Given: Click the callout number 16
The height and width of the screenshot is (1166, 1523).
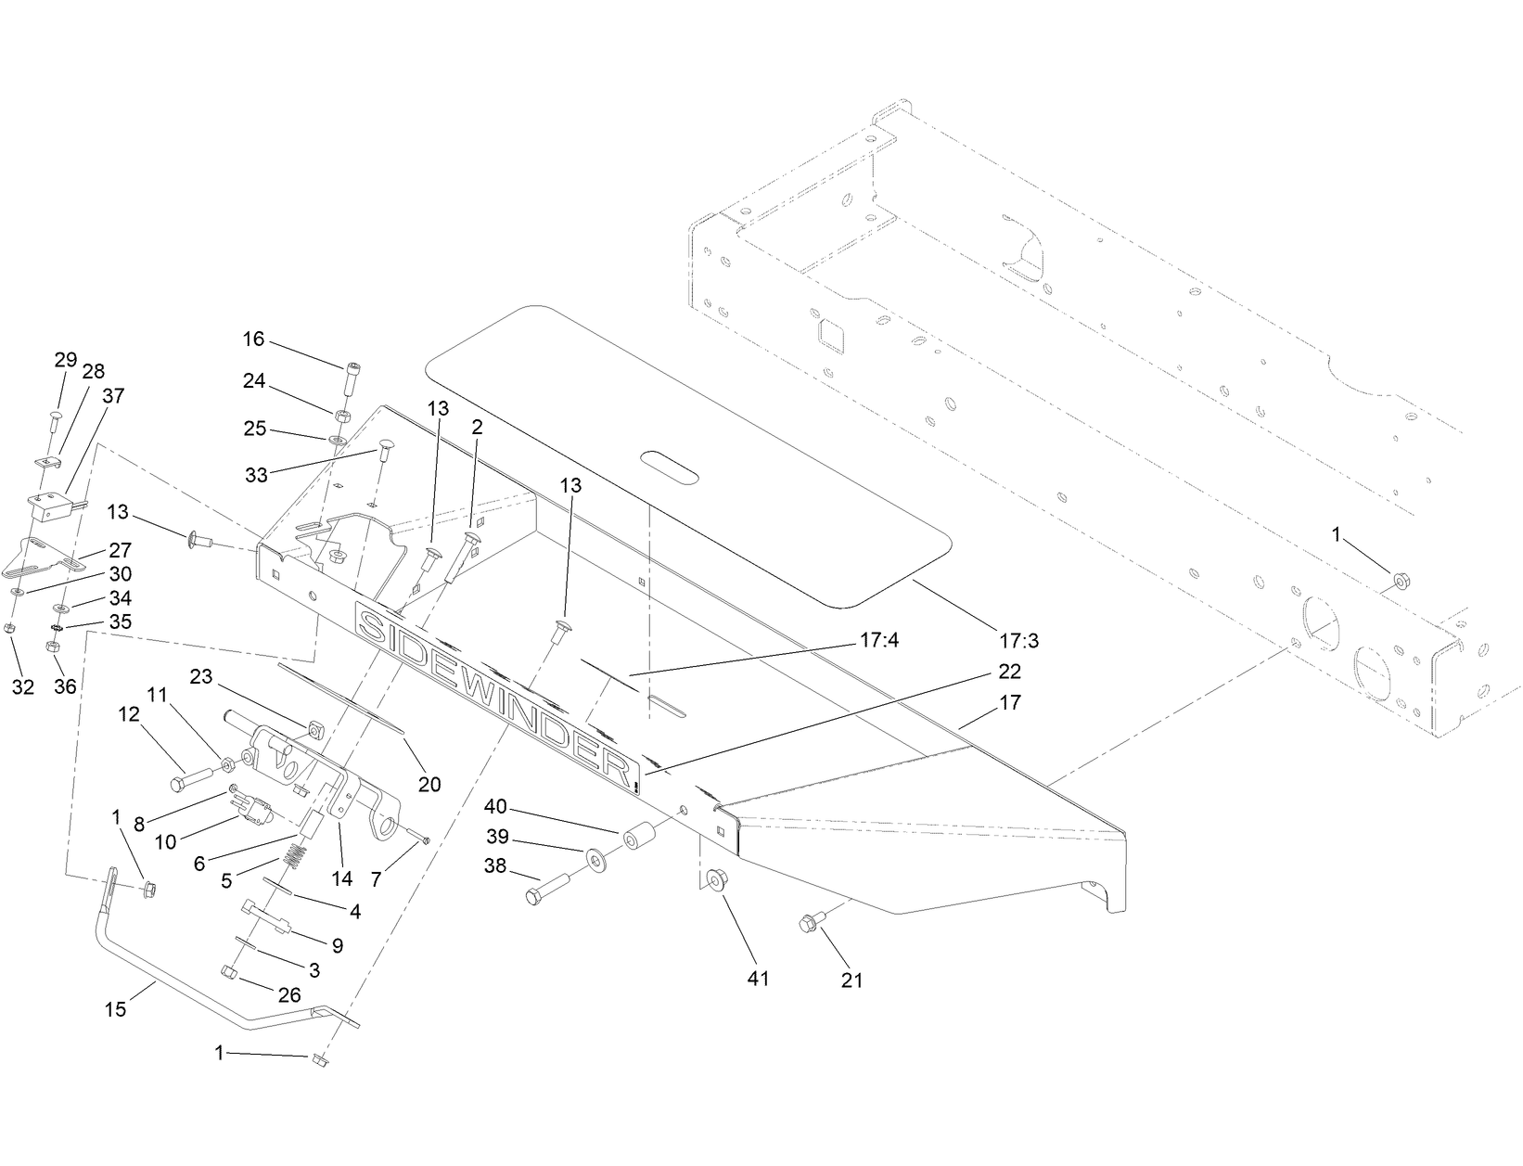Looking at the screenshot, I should point(254,340).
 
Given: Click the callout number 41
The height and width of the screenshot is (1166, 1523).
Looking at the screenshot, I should point(759,979).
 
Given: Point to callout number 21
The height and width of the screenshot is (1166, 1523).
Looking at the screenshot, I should point(851,980).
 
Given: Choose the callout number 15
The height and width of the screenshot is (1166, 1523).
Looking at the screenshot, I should point(115,1009).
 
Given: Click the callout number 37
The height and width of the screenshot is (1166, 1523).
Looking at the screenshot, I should point(113,395).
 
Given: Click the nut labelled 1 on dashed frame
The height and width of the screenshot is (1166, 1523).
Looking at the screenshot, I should point(1400,582).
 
